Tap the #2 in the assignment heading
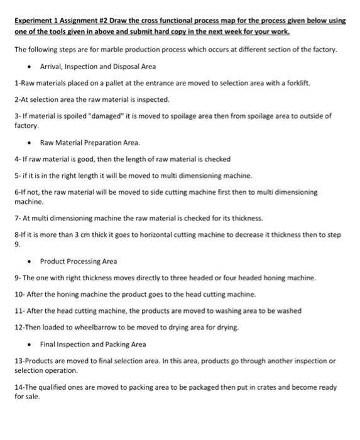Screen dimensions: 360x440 pyautogui.click(x=104, y=21)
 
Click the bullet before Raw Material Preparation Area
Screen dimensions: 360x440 pyautogui.click(x=30, y=143)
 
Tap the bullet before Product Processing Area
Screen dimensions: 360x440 pyautogui.click(x=30, y=261)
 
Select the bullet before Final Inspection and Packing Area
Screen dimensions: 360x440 pyautogui.click(x=30, y=344)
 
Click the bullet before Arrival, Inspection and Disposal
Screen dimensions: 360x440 pyautogui.click(x=30, y=67)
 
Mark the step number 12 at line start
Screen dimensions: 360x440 pyautogui.click(x=18, y=327)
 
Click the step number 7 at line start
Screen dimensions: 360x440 pyautogui.click(x=16, y=218)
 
